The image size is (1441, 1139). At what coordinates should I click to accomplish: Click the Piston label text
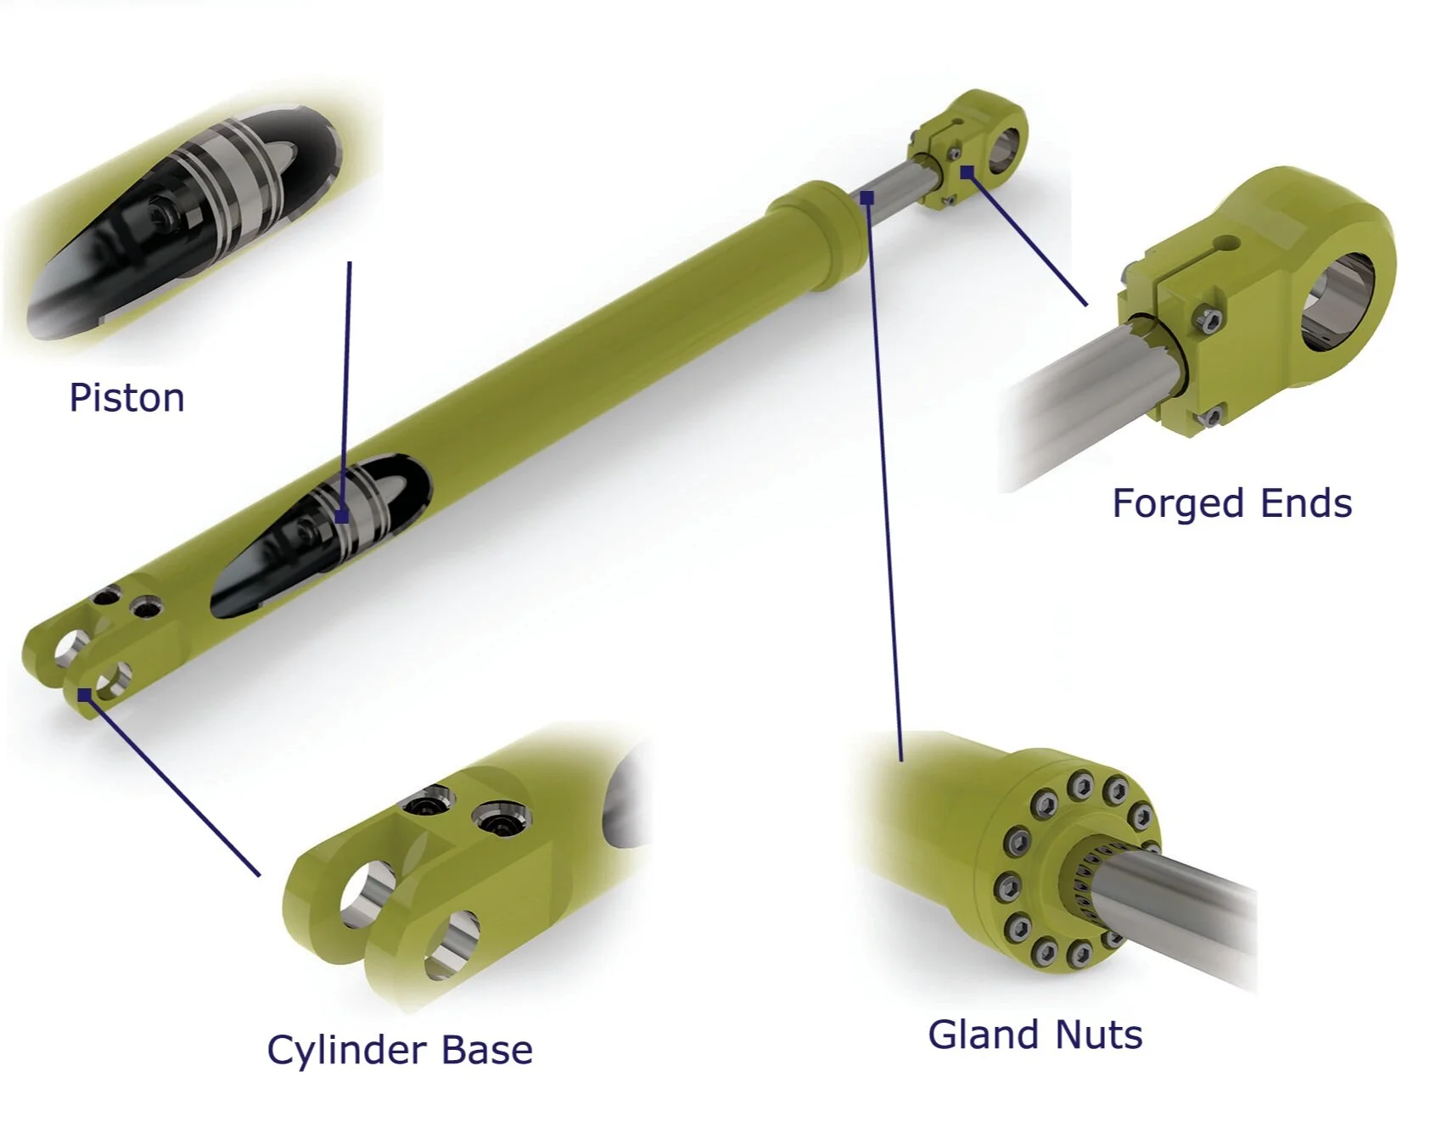click(x=126, y=397)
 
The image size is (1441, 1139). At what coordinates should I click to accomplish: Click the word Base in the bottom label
click(x=486, y=1050)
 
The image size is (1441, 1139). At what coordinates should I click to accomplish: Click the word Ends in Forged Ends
click(x=1306, y=503)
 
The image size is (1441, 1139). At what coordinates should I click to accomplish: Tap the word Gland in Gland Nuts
click(x=984, y=1035)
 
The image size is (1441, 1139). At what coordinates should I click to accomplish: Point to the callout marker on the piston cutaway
click(x=341, y=515)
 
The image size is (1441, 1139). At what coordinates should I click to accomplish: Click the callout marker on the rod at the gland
click(x=866, y=198)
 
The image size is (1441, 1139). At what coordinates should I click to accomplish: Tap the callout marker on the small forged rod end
click(x=967, y=172)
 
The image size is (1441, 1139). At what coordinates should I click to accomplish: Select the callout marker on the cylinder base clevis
click(x=84, y=695)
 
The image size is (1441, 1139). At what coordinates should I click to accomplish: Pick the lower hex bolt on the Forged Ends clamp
click(x=1211, y=417)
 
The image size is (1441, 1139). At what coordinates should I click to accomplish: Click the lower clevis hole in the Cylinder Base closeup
click(x=450, y=944)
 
